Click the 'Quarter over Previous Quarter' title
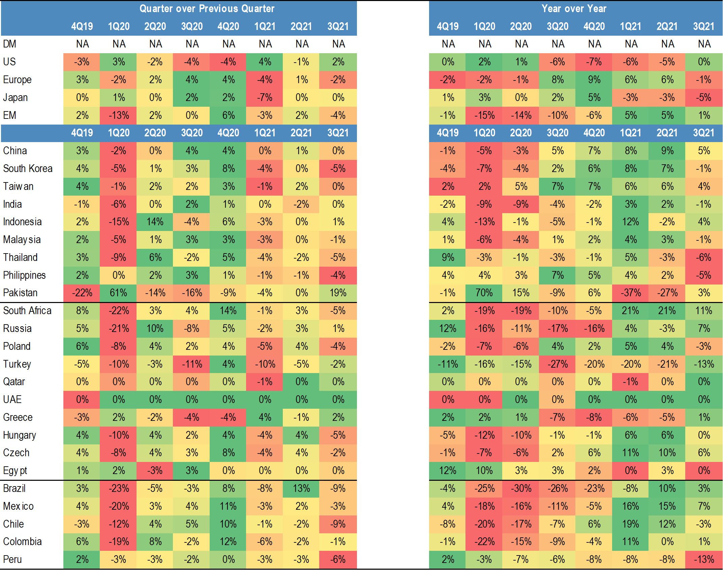(x=207, y=8)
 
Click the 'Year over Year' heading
(x=574, y=8)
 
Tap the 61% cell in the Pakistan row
(x=118, y=293)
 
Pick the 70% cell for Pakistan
(x=484, y=293)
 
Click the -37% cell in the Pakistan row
(x=630, y=293)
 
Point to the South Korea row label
(x=28, y=168)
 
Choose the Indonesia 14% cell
(x=155, y=222)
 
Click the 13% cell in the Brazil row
(x=301, y=489)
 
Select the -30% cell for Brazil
(x=521, y=489)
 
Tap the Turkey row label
(x=17, y=364)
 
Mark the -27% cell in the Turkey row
(x=557, y=364)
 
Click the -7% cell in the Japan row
(x=265, y=98)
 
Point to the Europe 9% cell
(x=594, y=80)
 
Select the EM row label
(x=9, y=115)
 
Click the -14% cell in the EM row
(x=521, y=115)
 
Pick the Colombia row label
(x=22, y=542)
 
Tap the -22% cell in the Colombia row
(x=484, y=542)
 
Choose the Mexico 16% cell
(x=630, y=506)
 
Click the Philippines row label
(x=24, y=275)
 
